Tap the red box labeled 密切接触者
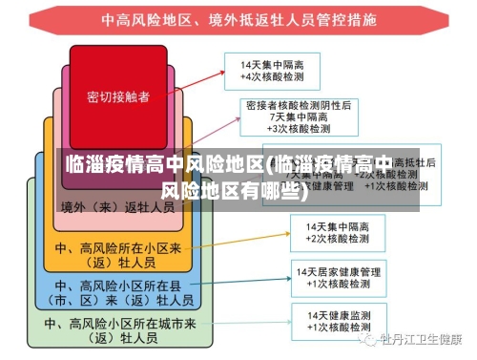click(118, 96)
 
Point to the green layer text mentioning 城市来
click(118, 329)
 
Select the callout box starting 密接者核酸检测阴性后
click(299, 116)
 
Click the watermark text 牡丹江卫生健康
click(420, 340)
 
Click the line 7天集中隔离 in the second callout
click(300, 116)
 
